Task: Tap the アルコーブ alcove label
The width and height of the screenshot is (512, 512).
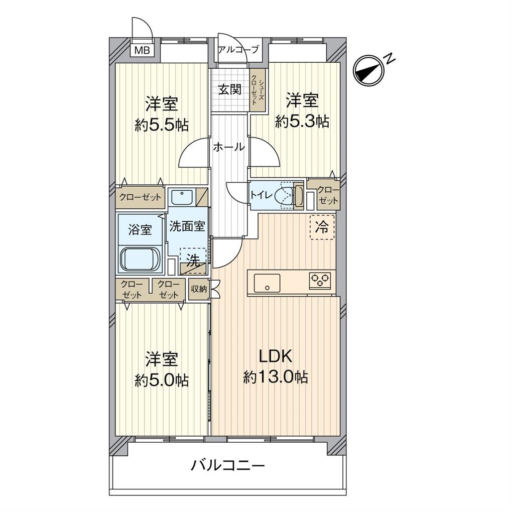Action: pos(238,50)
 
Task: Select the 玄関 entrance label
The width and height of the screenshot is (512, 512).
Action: pos(230,89)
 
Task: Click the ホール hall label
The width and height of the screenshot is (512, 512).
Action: pos(228,147)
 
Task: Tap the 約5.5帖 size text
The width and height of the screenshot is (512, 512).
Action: pos(162,124)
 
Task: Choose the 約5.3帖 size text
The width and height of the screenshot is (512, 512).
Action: pos(302,122)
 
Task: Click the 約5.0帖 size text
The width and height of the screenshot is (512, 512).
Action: pos(162,380)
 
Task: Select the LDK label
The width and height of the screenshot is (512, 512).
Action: pos(275,356)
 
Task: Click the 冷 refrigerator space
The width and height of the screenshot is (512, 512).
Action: pos(322,227)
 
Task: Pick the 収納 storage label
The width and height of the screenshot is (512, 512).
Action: pos(199,289)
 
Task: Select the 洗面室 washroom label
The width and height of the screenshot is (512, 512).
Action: pos(187,226)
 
